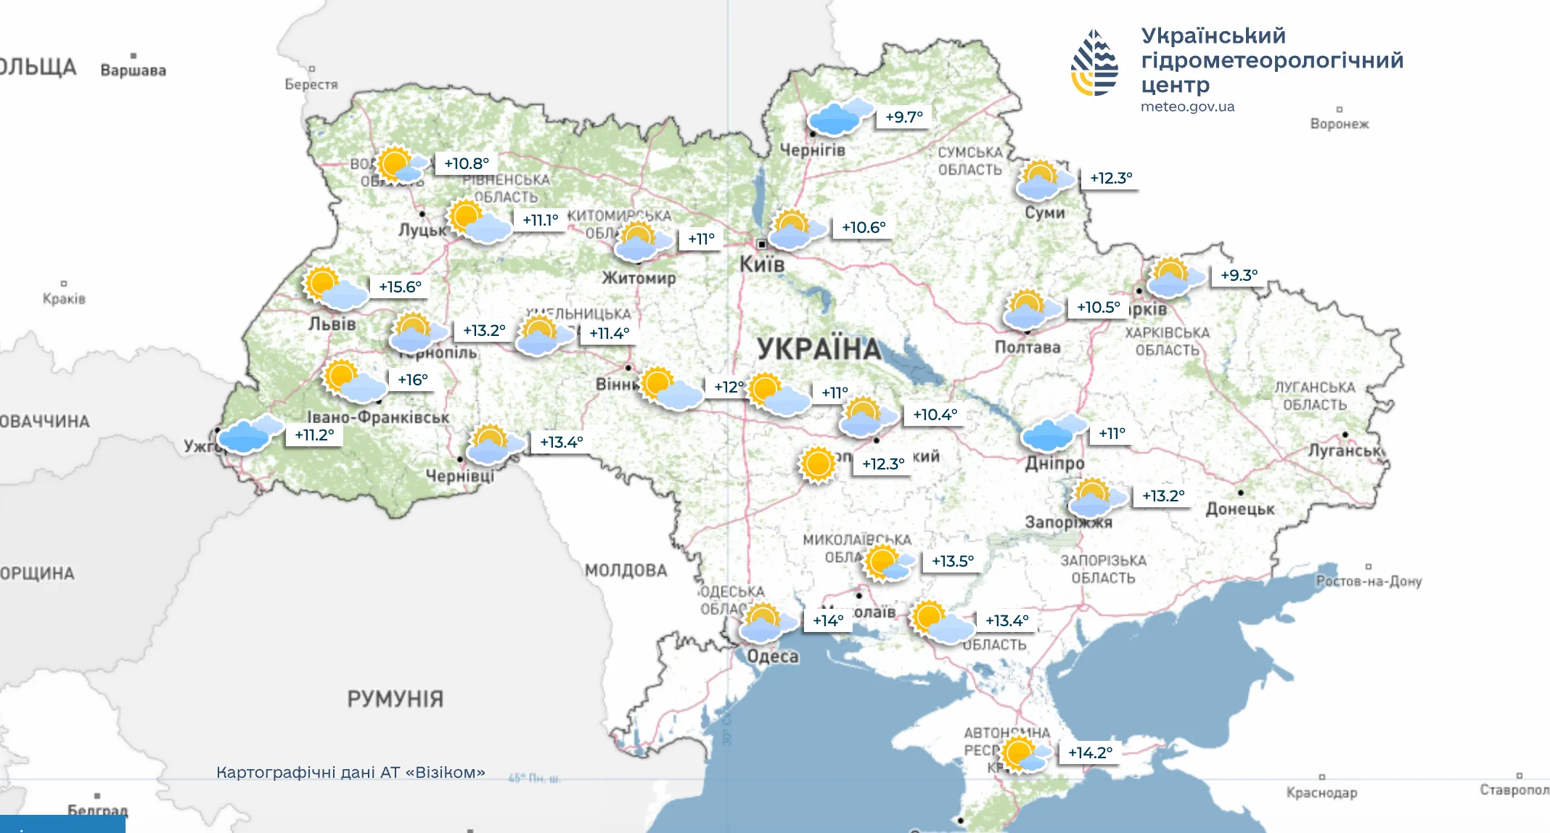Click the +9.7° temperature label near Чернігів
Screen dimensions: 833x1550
pos(903,117)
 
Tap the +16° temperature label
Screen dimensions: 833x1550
pos(413,379)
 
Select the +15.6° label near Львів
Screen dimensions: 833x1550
pos(400,287)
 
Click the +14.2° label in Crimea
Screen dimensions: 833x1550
pos(1090,752)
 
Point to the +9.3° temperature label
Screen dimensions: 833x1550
pos(1239,275)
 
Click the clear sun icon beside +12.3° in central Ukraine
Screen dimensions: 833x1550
pos(818,464)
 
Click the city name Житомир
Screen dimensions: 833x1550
pos(639,278)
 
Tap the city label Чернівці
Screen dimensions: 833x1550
pos(459,476)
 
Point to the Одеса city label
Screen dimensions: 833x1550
pos(773,657)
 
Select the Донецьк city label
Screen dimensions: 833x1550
pos(1239,509)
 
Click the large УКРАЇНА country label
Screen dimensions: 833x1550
pos(819,349)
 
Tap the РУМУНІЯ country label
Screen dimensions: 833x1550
pos(395,699)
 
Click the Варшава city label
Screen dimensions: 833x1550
pos(133,70)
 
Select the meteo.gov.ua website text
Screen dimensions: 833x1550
pos(1187,107)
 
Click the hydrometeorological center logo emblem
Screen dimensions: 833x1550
pos(1094,63)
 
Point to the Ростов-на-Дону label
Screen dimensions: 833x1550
pos(1369,581)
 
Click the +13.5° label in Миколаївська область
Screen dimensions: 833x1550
pos(953,561)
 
